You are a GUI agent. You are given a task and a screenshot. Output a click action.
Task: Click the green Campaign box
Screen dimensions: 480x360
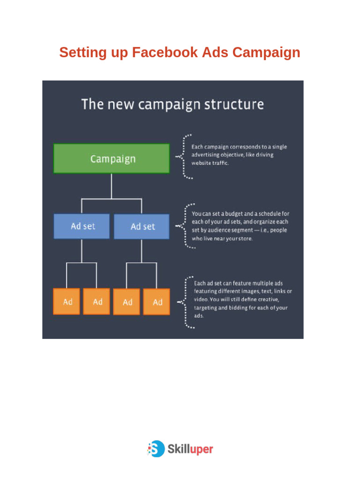point(112,158)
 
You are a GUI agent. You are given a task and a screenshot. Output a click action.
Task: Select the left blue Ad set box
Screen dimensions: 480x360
point(82,226)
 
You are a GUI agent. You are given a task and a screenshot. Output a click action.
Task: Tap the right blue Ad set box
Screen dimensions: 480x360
point(142,226)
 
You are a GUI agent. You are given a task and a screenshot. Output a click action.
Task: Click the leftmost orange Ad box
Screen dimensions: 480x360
point(67,301)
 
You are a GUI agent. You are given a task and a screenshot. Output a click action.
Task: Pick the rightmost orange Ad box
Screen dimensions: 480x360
point(157,301)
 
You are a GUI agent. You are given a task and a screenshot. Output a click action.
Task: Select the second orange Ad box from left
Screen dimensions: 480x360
point(97,301)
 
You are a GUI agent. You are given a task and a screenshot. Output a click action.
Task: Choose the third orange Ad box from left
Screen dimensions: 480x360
point(127,301)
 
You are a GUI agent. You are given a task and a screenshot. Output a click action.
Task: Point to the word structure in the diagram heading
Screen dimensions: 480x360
point(235,104)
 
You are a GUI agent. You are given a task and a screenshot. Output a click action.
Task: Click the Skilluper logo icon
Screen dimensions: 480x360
point(156,449)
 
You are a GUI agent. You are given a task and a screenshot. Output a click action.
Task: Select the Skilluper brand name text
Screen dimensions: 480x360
point(190,449)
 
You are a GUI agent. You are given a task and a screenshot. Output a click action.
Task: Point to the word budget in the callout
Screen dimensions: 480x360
point(228,213)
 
